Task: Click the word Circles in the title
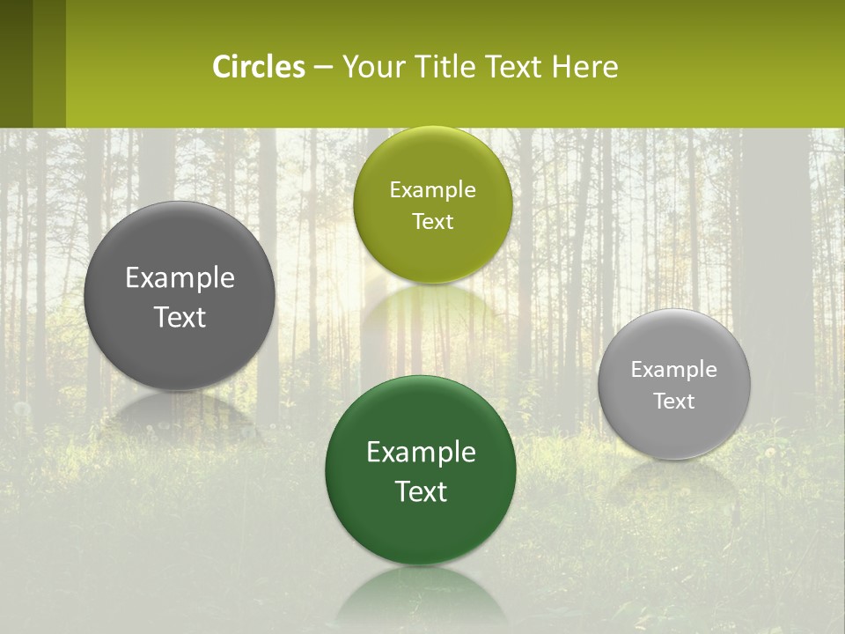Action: click(259, 67)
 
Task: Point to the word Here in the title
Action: click(584, 67)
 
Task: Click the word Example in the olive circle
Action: click(432, 189)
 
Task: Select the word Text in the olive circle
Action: click(432, 221)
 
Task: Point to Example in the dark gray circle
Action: click(180, 277)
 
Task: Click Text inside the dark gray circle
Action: click(180, 317)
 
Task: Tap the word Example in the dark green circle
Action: click(421, 452)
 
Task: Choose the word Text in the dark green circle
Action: click(421, 491)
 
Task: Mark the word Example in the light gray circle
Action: click(674, 369)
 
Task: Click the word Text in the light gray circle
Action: click(674, 401)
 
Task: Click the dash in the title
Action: click(323, 67)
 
